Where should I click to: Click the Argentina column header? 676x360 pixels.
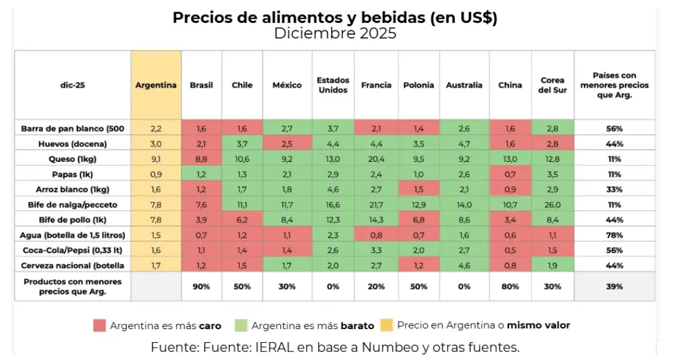[x=156, y=85]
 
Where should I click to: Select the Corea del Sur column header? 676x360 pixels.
[x=552, y=85]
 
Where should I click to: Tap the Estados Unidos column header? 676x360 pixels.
[x=332, y=85]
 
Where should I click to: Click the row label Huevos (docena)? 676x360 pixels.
[x=72, y=144]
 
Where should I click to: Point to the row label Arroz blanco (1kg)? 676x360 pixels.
[x=72, y=190]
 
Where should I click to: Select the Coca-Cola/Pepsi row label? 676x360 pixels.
[x=72, y=251]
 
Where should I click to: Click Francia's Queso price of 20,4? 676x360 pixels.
[x=376, y=159]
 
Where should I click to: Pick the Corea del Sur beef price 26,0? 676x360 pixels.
[x=552, y=205]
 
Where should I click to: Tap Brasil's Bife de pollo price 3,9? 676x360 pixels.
[x=201, y=220]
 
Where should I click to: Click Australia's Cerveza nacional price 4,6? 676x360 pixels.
[x=464, y=266]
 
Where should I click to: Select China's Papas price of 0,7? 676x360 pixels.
[x=510, y=174]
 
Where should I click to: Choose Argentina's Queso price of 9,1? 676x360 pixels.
[x=156, y=159]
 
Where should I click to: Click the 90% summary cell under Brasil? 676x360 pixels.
[x=201, y=287]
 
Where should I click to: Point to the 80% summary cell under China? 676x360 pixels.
[x=510, y=287]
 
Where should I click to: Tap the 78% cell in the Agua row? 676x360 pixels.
[x=614, y=235]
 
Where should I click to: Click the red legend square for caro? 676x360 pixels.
[x=99, y=325]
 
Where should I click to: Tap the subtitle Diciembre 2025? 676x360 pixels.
[x=335, y=33]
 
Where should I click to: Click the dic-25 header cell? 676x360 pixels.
[x=72, y=85]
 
